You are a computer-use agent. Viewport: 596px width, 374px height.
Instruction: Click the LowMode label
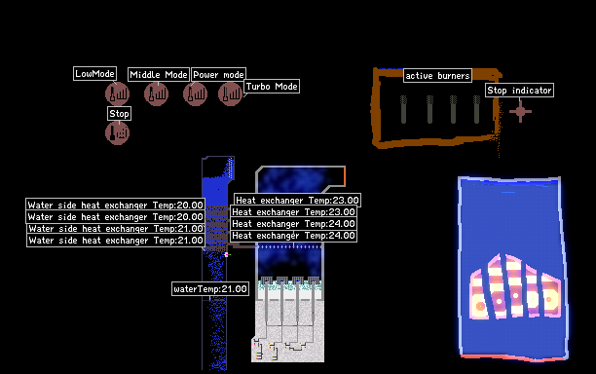[x=94, y=74]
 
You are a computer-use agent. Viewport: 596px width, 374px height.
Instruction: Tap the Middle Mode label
[x=159, y=74]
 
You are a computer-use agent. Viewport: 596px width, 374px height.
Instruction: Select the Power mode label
[x=218, y=74]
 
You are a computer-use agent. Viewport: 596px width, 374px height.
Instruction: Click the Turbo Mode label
[x=272, y=87]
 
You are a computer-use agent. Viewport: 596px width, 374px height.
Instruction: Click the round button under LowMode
[x=118, y=93]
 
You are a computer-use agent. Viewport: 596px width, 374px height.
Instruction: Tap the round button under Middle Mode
[x=156, y=93]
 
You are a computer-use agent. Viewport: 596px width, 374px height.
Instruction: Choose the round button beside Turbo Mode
[x=231, y=93]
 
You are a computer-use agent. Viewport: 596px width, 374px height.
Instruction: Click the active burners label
[x=437, y=76]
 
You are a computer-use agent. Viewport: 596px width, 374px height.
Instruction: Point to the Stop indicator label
[x=520, y=90]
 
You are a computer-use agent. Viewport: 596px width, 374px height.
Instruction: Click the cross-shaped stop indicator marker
[x=520, y=111]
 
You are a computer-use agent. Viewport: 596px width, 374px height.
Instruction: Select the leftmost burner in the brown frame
[x=404, y=109]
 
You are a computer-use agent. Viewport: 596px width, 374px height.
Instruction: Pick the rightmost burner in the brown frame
[x=476, y=109]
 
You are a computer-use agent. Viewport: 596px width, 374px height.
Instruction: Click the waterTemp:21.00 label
[x=210, y=289]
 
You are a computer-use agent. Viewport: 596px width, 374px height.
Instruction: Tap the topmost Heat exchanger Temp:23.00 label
[x=297, y=200]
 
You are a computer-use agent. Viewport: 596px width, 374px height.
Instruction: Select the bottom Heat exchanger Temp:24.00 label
[x=293, y=236]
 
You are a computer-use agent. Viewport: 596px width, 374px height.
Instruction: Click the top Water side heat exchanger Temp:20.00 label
[x=116, y=206]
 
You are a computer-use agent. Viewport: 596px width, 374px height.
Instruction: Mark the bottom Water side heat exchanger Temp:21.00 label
[x=116, y=241]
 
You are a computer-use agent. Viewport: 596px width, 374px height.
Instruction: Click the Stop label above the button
[x=120, y=114]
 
